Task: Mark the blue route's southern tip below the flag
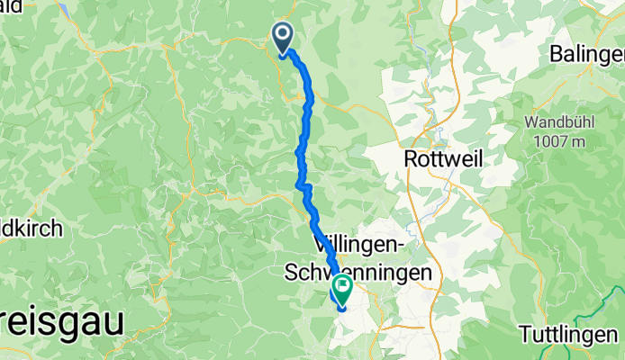[342, 309]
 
